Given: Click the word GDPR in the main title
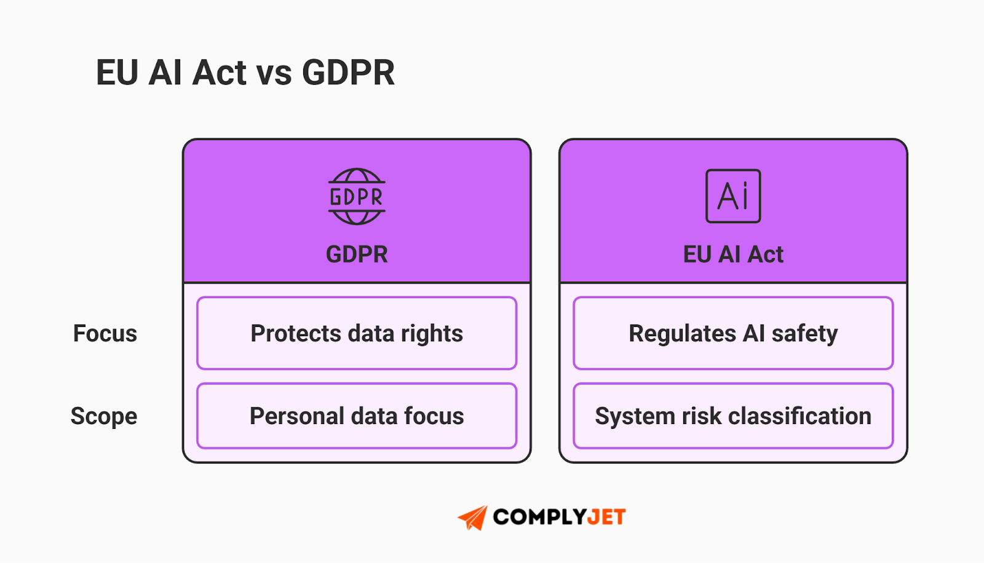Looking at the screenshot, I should coord(348,73).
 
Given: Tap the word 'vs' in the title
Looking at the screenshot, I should coord(274,74).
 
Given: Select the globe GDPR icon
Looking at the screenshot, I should coord(357,197).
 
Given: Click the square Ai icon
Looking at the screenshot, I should coord(733,196).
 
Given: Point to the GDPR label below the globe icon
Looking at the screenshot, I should coord(357,254).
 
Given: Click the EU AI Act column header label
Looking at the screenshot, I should coord(733,254).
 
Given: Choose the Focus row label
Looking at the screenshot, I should coord(105,334).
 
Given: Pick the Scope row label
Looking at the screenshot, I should coord(104,417).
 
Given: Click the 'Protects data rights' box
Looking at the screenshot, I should coord(357,333).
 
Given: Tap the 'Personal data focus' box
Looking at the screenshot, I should coord(357,416).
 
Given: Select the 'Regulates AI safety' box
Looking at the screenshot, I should coord(733,333).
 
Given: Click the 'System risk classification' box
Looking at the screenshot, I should coord(733,416).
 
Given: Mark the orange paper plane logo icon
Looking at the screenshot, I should coord(473,518).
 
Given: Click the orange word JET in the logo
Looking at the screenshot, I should coord(606,518).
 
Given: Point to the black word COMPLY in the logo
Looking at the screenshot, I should coord(539,518).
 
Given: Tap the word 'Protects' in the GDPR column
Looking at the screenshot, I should coord(296,334).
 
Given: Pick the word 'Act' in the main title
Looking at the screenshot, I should coord(220,73).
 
